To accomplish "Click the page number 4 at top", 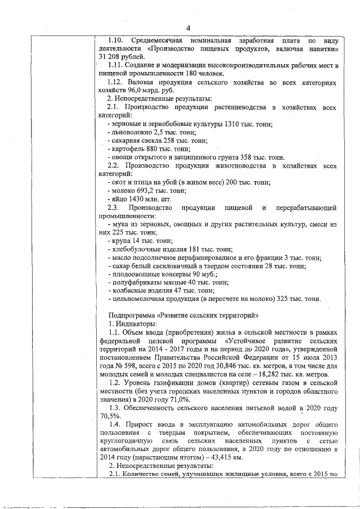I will point(188,29).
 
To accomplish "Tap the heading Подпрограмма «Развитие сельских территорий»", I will point(183,314).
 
